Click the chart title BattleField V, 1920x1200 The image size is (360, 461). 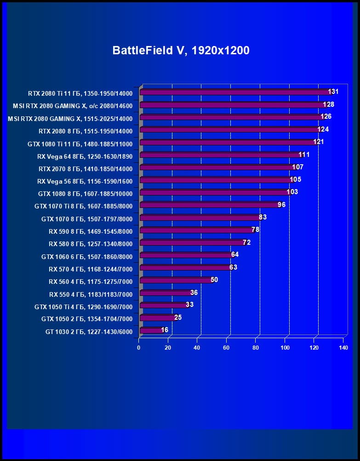pos(181,50)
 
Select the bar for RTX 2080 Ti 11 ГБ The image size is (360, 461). pos(234,92)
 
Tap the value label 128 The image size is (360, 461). pos(328,104)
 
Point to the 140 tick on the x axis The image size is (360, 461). pos(343,348)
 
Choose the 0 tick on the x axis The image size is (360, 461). pos(139,348)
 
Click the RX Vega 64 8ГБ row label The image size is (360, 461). pos(85,156)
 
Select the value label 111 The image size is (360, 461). pos(303,155)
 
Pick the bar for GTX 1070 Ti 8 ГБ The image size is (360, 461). pos(209,205)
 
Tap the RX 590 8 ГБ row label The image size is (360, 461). pos(90,231)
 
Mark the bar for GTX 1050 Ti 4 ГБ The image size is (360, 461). pos(163,305)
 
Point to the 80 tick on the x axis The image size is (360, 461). pos(256,348)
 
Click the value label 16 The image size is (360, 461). pos(165,330)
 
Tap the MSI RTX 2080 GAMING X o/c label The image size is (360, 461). pos(73,106)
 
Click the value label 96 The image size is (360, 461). pos(281,204)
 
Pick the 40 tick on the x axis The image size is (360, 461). pos(197,348)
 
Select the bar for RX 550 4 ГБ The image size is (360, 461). pos(166,293)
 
